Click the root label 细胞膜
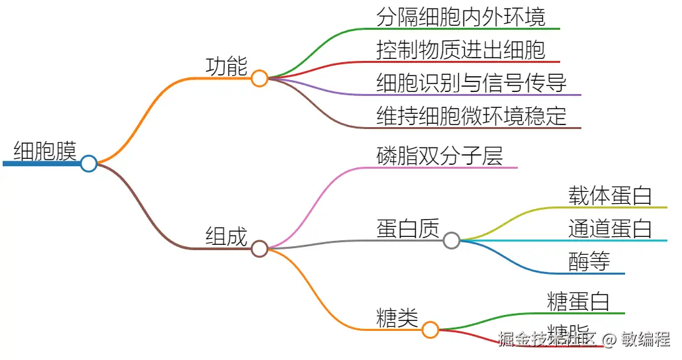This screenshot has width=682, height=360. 45,151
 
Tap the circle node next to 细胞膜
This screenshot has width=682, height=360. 89,163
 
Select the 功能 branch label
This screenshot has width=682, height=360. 226,66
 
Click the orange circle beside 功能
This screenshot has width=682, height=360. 260,79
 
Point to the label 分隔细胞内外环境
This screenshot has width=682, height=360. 461,17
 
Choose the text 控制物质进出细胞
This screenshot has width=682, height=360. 461,50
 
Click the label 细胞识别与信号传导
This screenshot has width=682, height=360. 471,83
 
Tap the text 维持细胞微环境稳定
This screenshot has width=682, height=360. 471,116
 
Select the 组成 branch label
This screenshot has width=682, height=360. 226,236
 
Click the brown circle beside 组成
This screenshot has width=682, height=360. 260,249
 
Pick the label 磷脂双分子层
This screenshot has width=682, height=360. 440,156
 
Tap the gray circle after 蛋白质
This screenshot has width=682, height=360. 452,240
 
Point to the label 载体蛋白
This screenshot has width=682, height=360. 610,195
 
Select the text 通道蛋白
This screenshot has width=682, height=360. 610,228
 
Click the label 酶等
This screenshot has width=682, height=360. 589,261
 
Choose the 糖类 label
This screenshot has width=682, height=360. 397,318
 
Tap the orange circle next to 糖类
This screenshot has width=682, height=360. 430,330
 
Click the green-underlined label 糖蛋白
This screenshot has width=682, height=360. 578,301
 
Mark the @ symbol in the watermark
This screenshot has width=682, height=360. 609,340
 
